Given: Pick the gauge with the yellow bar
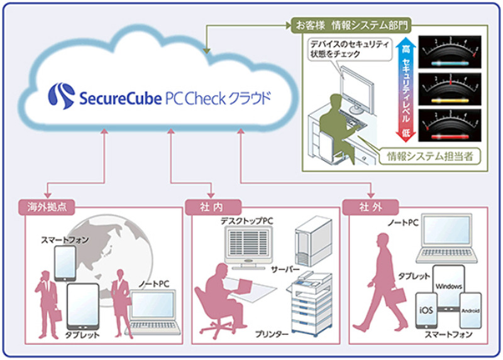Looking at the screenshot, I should pyautogui.click(x=450, y=90).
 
